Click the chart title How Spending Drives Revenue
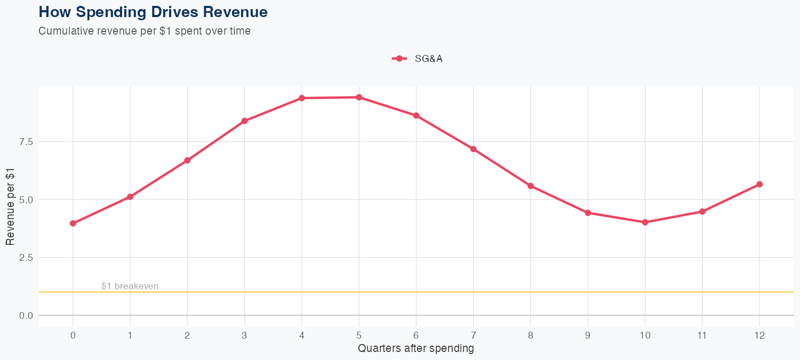(x=153, y=12)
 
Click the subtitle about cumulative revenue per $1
(x=145, y=31)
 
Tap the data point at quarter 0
(x=73, y=223)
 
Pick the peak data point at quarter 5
(x=359, y=97)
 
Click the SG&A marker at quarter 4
(x=302, y=98)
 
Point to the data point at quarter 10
(x=645, y=222)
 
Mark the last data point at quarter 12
(x=759, y=185)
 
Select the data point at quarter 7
(x=474, y=149)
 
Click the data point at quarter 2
(x=187, y=161)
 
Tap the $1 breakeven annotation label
(x=130, y=286)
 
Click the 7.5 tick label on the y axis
(x=26, y=142)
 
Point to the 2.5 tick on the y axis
(x=26, y=258)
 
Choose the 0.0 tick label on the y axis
(x=26, y=316)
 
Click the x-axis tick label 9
(x=588, y=335)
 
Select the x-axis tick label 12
(x=759, y=335)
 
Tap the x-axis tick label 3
(x=244, y=335)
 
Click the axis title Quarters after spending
(x=416, y=349)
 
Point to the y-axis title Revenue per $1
(x=10, y=206)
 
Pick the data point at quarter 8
(x=531, y=186)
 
